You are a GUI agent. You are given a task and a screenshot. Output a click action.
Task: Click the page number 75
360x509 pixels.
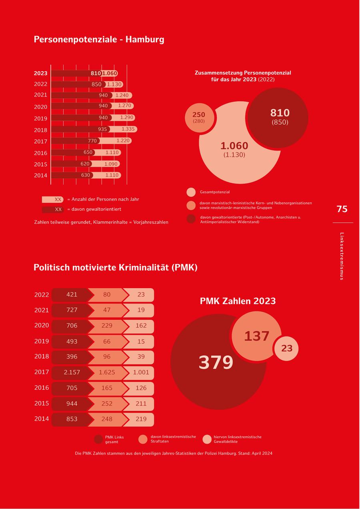click(x=342, y=209)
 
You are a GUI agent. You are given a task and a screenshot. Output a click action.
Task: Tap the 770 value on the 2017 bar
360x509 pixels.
click(x=92, y=141)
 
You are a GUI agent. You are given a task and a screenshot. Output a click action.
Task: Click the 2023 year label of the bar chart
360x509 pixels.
click(x=40, y=73)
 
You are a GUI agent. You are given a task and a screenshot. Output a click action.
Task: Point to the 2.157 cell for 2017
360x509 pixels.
click(x=72, y=372)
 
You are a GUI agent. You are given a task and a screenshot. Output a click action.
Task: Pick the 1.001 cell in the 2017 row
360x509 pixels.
click(x=141, y=372)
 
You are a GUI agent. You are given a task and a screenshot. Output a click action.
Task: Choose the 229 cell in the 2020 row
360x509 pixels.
click(x=107, y=326)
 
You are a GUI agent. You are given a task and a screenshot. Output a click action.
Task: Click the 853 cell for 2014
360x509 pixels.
click(x=72, y=419)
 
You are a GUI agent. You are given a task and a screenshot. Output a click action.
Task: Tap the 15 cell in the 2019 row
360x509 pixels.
click(x=141, y=341)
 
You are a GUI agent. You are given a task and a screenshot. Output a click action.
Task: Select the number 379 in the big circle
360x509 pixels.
click(x=216, y=363)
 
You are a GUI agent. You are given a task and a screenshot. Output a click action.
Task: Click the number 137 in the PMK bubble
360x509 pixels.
click(x=256, y=336)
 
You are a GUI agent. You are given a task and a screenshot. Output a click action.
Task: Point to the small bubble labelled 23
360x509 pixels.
click(x=287, y=349)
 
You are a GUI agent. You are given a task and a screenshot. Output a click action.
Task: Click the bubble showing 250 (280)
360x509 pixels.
click(x=198, y=117)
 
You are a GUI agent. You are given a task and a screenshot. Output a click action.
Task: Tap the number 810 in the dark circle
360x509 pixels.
click(x=280, y=113)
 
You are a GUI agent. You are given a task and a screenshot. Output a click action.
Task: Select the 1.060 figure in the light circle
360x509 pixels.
click(x=234, y=146)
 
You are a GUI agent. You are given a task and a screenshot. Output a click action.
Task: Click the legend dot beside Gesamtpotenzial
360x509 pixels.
click(x=191, y=192)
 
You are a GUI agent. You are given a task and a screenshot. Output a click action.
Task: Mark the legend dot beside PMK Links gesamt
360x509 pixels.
click(x=98, y=439)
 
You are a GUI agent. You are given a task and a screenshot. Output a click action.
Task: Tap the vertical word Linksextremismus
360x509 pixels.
click(x=342, y=256)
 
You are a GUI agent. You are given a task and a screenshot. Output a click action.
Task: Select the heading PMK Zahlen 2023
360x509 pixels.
click(x=238, y=301)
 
